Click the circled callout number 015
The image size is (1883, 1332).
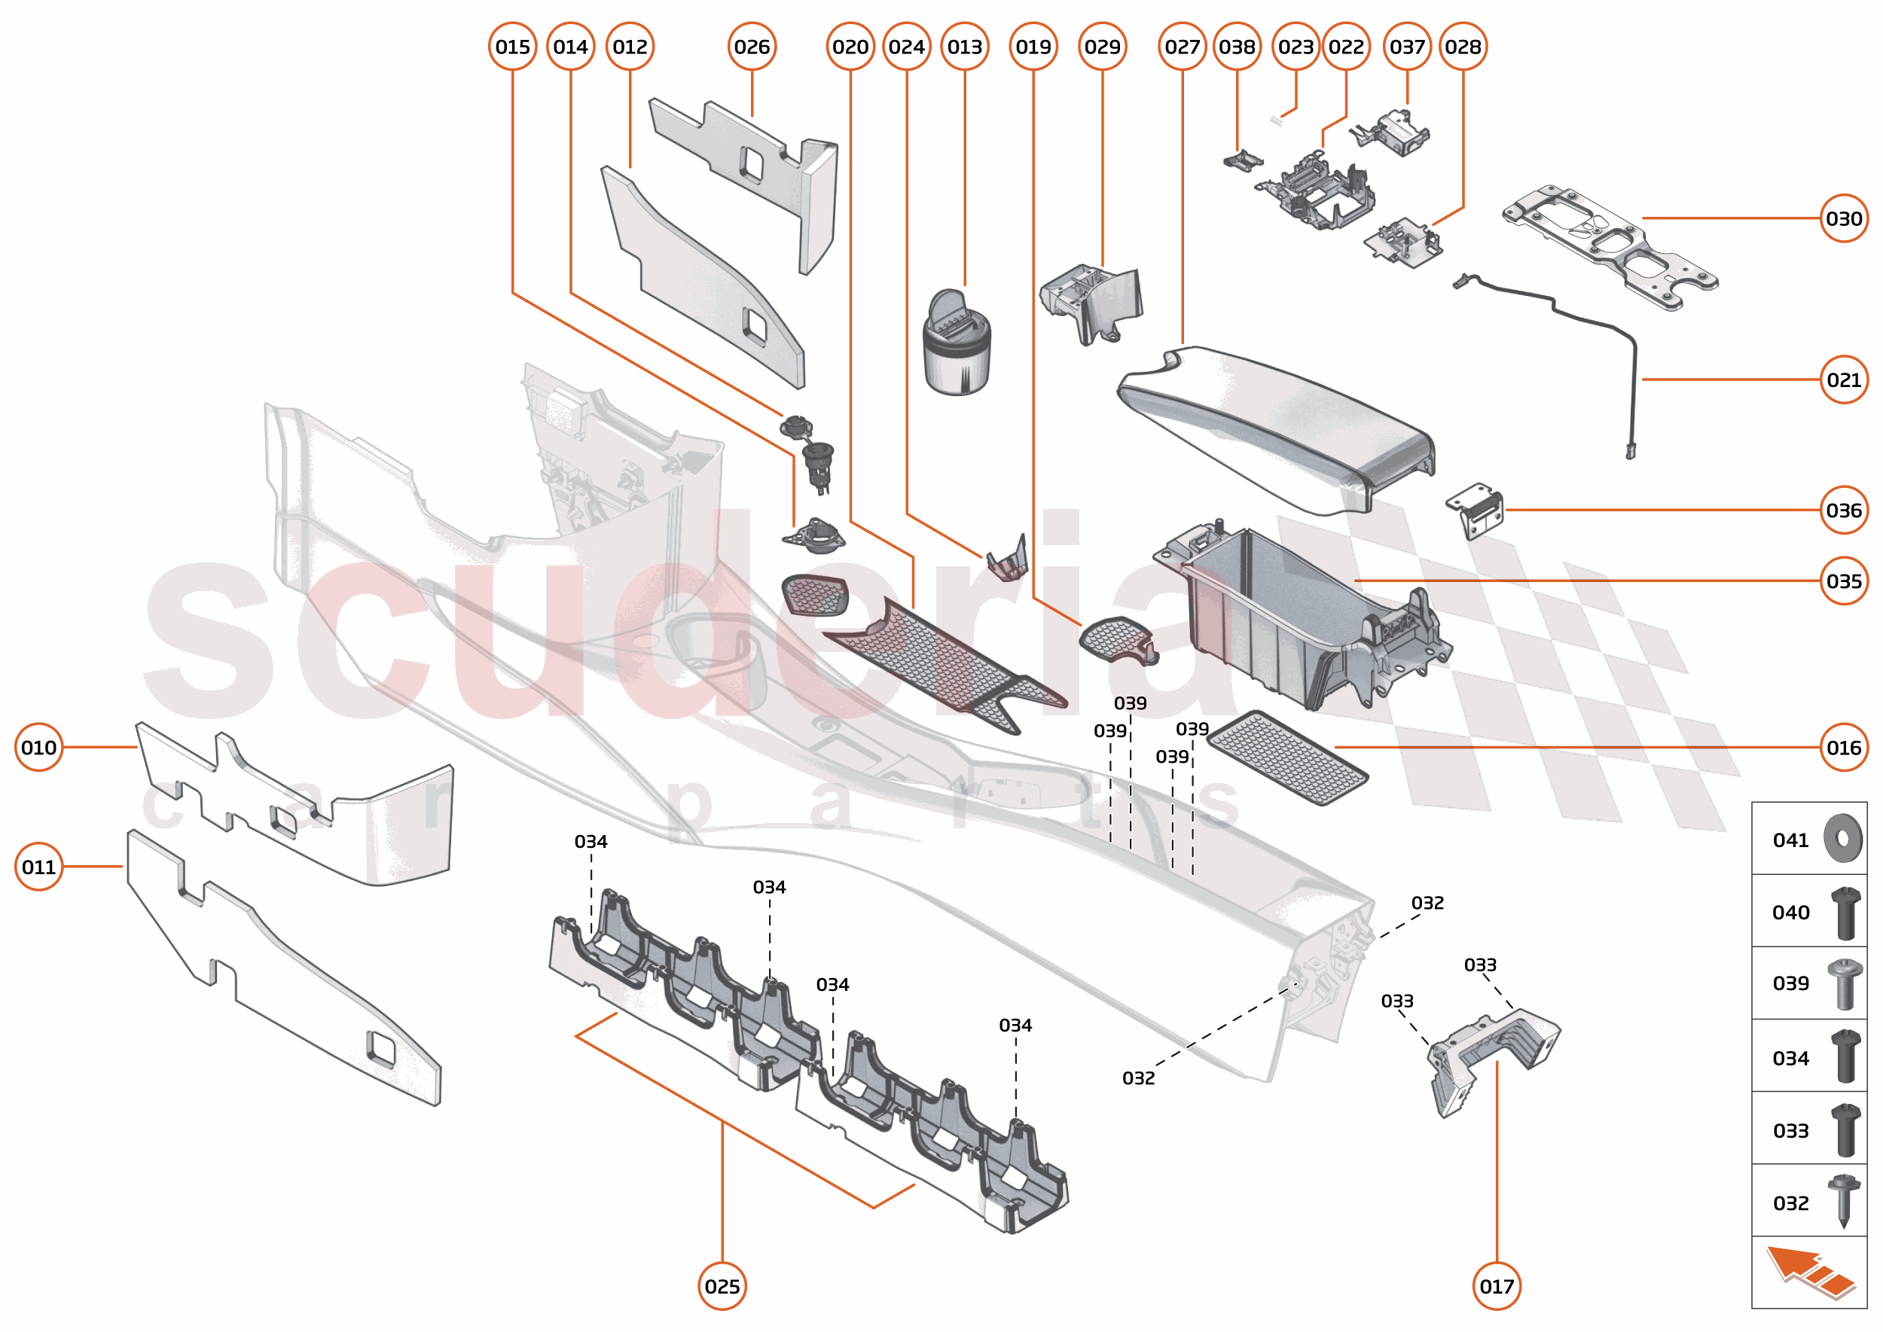[x=512, y=47]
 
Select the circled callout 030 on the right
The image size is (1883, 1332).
[x=1843, y=219]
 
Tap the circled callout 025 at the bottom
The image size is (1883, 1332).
[x=722, y=1286]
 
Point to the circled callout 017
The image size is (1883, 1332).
[x=1496, y=1286]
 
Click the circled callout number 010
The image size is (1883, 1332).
[x=38, y=747]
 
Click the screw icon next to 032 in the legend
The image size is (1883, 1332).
[x=1843, y=1201]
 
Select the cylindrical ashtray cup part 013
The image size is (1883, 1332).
[x=957, y=345]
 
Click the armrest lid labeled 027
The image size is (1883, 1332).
[x=1271, y=426]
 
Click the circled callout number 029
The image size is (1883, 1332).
[x=1101, y=47]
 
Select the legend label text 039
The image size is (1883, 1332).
[x=1790, y=983]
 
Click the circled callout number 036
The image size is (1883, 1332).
[x=1843, y=511]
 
